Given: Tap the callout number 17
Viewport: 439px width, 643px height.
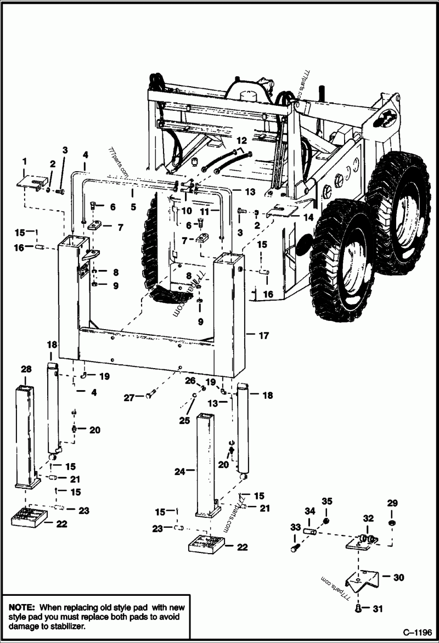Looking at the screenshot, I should tap(264, 335).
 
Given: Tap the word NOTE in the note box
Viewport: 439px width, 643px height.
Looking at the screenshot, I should tap(22, 608).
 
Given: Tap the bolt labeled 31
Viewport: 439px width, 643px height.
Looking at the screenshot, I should tap(357, 608).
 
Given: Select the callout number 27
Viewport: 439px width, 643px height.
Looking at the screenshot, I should tap(128, 398).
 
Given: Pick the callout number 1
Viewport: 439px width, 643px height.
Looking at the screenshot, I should tap(24, 160).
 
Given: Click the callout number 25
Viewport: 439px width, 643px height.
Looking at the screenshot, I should tap(184, 420).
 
